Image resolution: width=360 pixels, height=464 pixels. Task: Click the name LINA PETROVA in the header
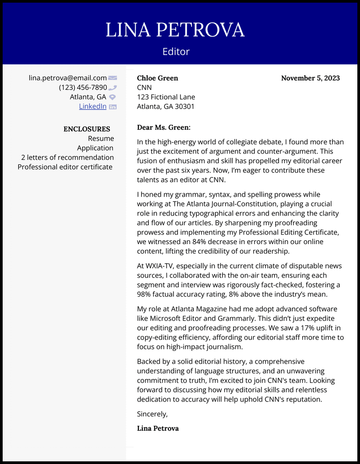175,30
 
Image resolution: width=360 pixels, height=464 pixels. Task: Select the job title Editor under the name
176,51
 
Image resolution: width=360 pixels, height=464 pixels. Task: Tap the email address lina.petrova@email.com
68,78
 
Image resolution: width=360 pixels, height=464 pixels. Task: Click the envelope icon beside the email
113,78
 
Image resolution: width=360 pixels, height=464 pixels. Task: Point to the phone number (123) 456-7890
83,87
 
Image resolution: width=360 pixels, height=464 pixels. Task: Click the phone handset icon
113,88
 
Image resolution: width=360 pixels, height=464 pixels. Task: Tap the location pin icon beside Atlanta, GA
113,97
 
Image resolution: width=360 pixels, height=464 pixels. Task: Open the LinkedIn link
93,106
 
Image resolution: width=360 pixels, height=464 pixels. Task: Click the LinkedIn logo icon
113,107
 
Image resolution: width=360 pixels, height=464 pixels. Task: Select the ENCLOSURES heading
87,129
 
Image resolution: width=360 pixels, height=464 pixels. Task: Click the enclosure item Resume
101,139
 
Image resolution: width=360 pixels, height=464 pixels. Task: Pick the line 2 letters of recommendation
67,157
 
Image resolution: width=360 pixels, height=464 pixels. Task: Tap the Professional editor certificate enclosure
65,167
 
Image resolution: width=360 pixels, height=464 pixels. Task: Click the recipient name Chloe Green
157,78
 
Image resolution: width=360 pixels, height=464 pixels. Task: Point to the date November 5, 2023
310,78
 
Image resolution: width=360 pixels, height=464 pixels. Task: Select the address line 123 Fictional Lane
166,97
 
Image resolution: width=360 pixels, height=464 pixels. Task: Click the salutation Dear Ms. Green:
164,128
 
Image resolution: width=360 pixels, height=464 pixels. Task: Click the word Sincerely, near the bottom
153,414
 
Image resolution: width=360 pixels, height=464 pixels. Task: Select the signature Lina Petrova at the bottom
158,428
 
